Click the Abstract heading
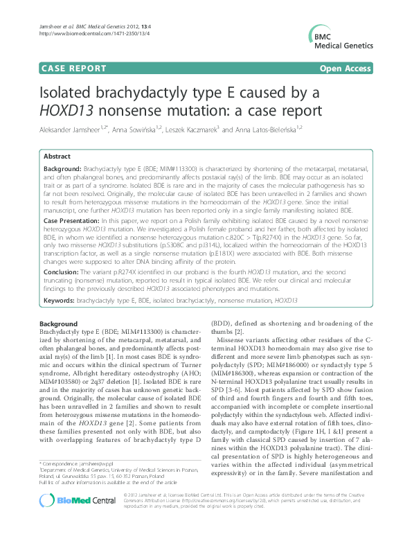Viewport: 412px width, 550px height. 57,157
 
